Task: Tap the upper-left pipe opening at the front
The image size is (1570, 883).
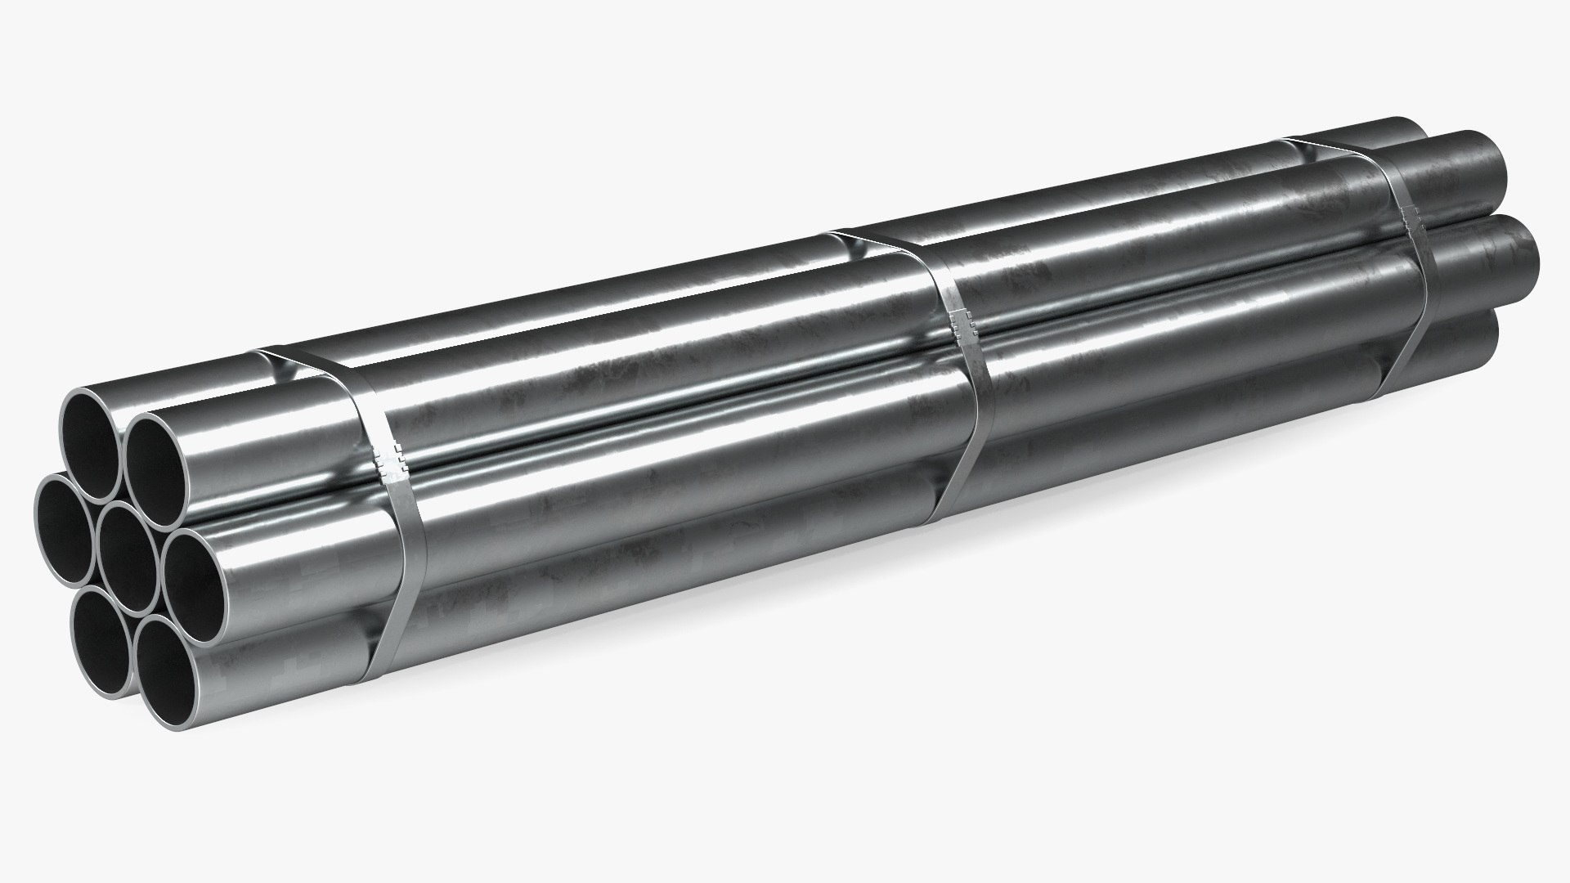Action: tap(92, 445)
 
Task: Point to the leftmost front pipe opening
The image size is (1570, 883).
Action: tap(65, 527)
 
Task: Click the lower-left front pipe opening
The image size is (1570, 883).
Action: tap(102, 630)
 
